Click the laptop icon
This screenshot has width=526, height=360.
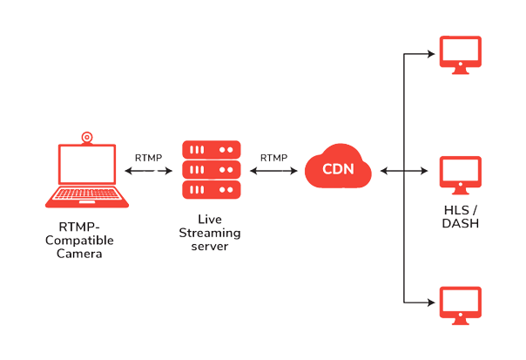click(86, 175)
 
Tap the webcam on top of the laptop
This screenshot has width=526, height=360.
click(86, 136)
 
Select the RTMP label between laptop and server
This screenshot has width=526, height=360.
click(148, 158)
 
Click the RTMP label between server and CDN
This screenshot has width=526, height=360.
click(273, 158)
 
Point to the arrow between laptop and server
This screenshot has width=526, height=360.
click(148, 172)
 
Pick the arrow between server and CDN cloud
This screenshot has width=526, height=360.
click(273, 172)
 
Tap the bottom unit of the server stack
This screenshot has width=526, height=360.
click(210, 188)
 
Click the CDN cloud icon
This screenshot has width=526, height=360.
click(339, 170)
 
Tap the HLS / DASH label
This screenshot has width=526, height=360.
click(462, 217)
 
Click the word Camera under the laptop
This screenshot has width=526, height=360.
click(85, 254)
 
